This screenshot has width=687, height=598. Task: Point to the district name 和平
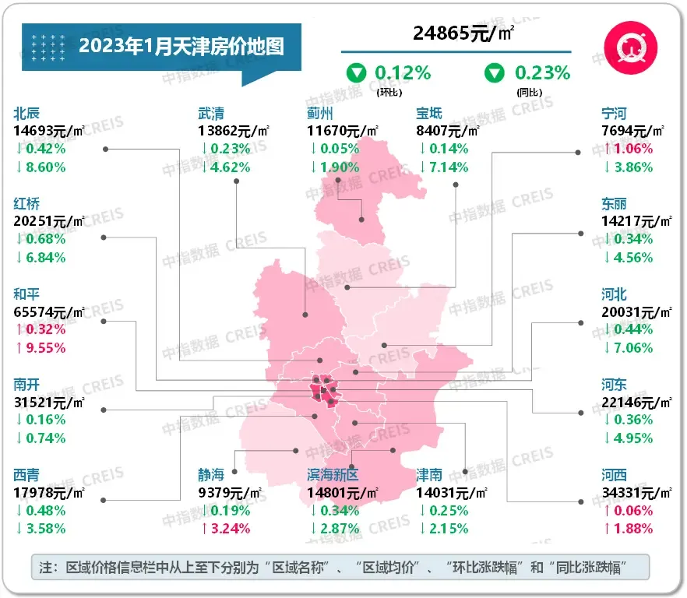[26, 294]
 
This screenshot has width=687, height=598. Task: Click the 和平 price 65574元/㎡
[49, 311]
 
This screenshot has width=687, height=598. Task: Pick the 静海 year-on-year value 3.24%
[230, 528]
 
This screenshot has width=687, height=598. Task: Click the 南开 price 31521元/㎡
[49, 402]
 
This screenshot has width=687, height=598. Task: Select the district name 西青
[26, 475]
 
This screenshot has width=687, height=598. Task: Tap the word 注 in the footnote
[45, 567]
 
